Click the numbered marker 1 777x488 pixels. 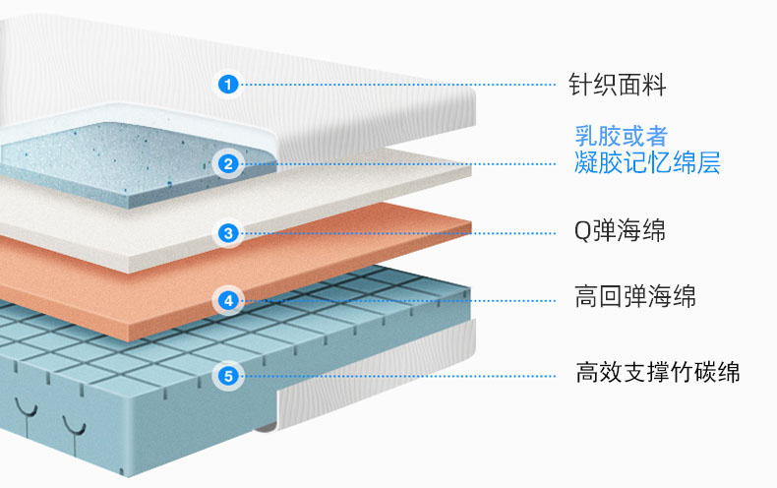(x=228, y=85)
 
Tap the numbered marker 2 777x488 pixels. (x=228, y=164)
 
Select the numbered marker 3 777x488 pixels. (x=228, y=233)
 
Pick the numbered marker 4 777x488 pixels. (x=228, y=300)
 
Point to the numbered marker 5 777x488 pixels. (x=228, y=375)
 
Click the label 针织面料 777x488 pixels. (x=618, y=86)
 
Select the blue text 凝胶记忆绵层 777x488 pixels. (x=647, y=162)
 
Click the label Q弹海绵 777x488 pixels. (x=620, y=232)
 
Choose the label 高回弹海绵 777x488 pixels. (x=634, y=295)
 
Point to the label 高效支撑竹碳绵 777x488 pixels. (x=657, y=373)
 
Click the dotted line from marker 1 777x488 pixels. (x=393, y=85)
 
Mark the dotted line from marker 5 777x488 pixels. (x=393, y=375)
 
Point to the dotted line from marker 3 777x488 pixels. (x=393, y=233)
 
